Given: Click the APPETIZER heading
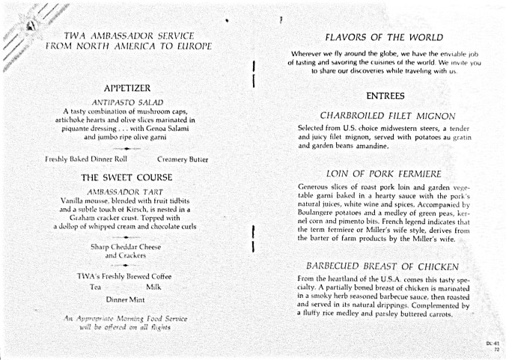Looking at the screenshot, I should [127, 88].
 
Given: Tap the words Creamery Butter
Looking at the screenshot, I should [183, 159].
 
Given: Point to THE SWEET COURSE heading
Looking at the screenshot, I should [127, 177].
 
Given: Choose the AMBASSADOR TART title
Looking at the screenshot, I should [127, 191].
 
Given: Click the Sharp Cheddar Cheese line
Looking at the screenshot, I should [126, 246].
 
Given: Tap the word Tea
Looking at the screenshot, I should [95, 287].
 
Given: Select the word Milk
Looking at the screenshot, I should [154, 287].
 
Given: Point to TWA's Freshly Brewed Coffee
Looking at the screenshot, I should [124, 276].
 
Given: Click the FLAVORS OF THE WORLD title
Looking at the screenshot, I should [384, 37].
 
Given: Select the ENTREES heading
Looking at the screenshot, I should [385, 96].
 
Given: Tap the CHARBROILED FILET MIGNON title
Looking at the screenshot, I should [387, 116].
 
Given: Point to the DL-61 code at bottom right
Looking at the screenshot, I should [492, 344].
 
